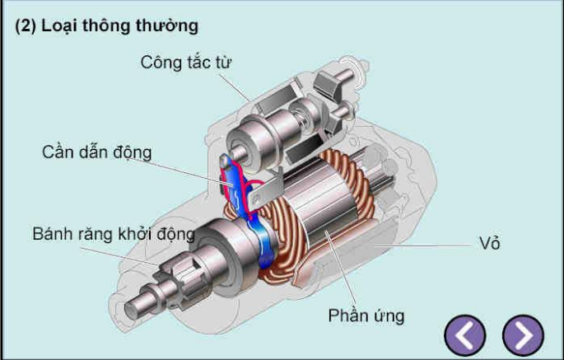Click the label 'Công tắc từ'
(x=191, y=63)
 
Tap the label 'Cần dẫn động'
(x=96, y=152)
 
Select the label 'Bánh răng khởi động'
(x=114, y=234)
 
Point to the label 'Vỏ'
(x=489, y=243)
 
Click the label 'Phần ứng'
(x=366, y=316)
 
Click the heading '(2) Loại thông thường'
(x=107, y=26)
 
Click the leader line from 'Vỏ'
(x=428, y=245)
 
